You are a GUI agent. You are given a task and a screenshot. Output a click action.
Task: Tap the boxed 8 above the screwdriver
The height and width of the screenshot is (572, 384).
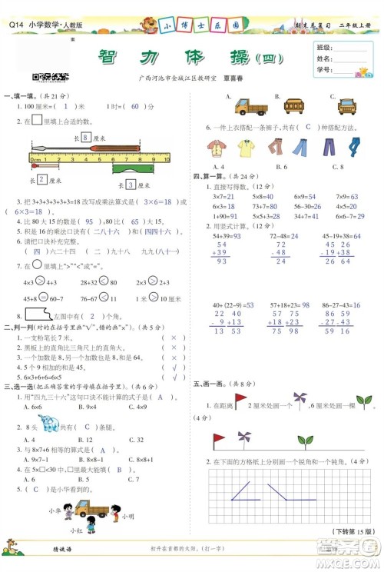coord(87,136)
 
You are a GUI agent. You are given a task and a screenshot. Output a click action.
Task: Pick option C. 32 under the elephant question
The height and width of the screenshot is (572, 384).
coord(118,440)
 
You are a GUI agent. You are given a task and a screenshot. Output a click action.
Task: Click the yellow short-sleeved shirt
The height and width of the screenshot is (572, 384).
coord(246,148)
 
